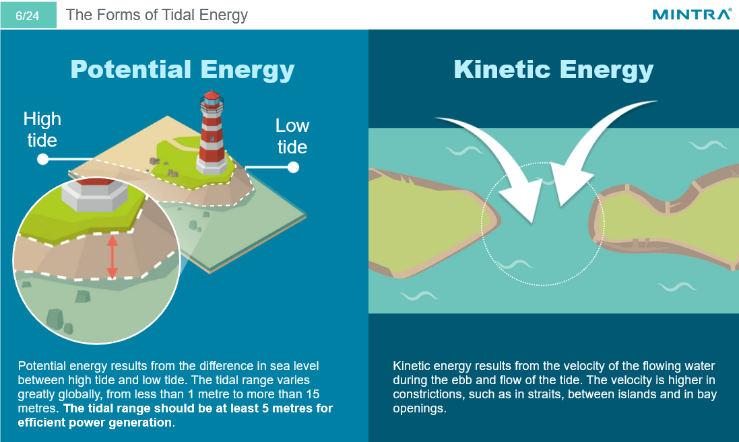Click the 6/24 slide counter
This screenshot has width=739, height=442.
point(28,15)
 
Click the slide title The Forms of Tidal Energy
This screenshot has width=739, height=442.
point(157,15)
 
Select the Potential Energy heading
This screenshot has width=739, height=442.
point(183,69)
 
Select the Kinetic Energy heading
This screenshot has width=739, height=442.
point(554,69)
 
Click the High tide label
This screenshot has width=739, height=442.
point(42,129)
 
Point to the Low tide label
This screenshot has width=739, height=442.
point(292,136)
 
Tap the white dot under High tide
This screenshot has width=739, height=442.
point(42,159)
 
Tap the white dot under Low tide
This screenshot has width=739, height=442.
point(293,166)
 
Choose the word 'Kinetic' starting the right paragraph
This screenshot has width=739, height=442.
point(412,366)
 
